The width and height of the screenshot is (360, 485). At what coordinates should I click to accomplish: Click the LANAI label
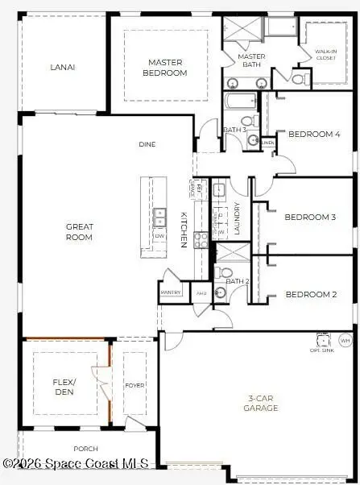(x=62, y=67)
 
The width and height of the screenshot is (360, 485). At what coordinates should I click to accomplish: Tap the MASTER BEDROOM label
(x=166, y=68)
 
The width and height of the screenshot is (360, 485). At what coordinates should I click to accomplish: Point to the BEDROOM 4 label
(x=314, y=135)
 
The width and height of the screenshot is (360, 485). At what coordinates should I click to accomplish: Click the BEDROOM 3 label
(x=310, y=217)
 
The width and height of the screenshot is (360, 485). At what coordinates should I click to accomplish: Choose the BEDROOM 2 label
(x=311, y=294)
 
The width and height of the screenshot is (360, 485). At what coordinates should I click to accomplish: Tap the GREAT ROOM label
(x=79, y=232)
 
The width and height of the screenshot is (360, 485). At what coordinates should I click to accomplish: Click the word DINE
(x=147, y=144)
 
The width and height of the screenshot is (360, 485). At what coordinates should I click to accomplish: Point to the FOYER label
(x=134, y=385)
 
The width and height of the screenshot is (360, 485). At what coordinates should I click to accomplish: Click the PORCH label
(x=85, y=449)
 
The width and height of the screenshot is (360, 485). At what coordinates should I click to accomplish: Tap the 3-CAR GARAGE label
(x=261, y=403)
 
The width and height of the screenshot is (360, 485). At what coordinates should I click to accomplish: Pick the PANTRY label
(x=172, y=292)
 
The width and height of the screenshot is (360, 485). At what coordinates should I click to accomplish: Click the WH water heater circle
(x=346, y=341)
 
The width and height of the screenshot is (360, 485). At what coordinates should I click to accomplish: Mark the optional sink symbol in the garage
(x=323, y=339)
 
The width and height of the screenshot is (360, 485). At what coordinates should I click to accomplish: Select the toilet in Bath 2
(x=225, y=272)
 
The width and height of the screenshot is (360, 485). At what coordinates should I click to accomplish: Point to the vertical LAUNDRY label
(x=237, y=218)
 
